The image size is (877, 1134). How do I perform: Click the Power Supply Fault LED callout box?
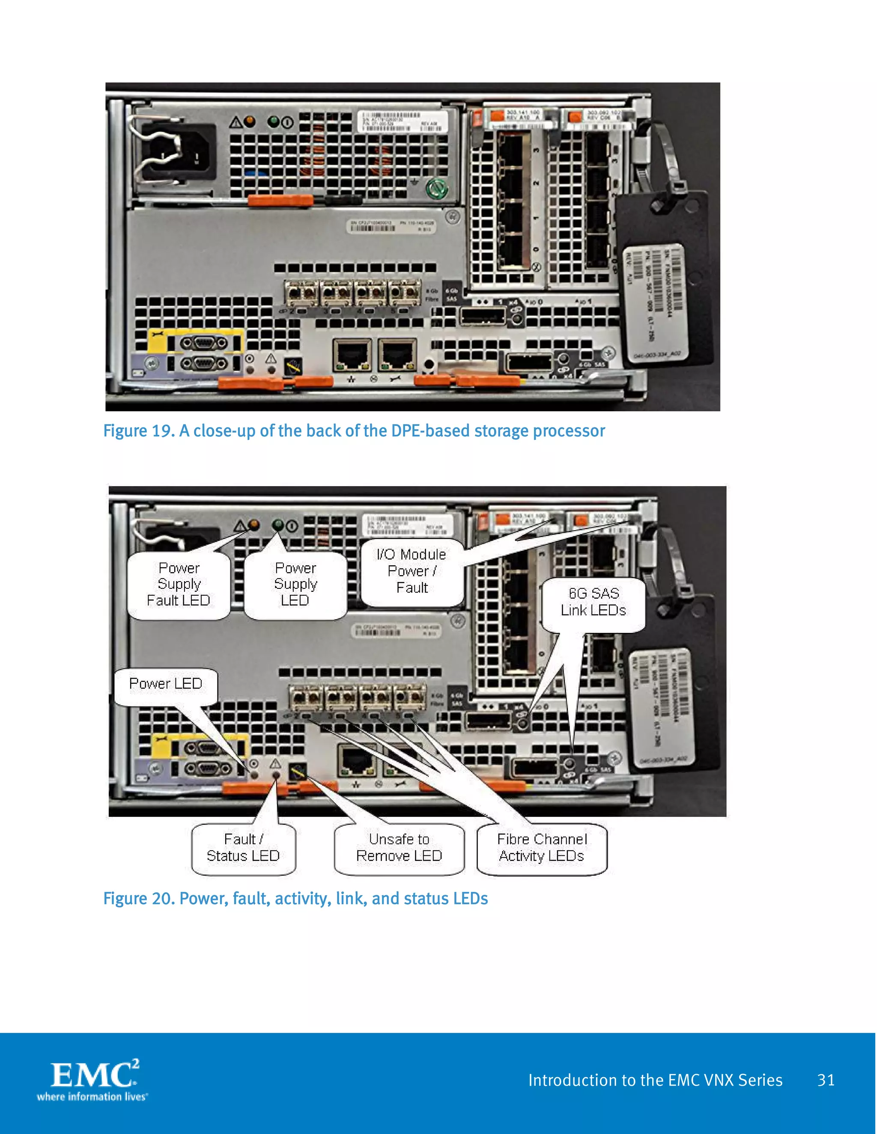pos(179,585)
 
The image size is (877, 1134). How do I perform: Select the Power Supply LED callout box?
pos(295,585)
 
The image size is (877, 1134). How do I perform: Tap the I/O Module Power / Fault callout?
pos(412,572)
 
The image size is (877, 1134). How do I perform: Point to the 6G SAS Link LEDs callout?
pos(594,603)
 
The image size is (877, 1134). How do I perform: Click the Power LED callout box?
pos(166,684)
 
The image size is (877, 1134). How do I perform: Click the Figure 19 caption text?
pos(354,431)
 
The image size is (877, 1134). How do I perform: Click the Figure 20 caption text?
pos(295,899)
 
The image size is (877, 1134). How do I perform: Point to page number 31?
pos(826,1080)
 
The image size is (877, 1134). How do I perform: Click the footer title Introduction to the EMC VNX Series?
pos(655,1080)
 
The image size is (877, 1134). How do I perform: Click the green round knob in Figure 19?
pos(436,189)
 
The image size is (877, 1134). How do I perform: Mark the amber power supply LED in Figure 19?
pos(250,122)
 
